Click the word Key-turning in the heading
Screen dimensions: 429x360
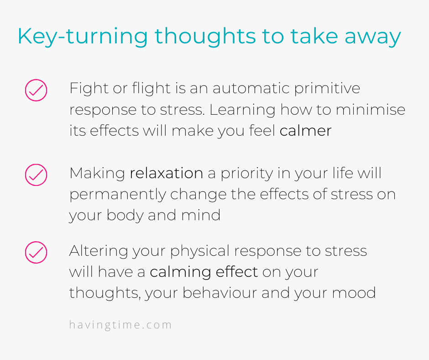click(x=83, y=37)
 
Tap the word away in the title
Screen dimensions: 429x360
click(x=373, y=37)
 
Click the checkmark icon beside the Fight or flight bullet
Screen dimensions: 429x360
click(x=36, y=90)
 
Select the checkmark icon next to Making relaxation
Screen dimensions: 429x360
click(x=36, y=175)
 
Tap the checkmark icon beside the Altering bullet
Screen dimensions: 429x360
click(x=36, y=252)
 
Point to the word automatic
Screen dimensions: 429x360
click(x=251, y=88)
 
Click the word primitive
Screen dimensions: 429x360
click(x=327, y=89)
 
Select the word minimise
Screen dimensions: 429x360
click(x=371, y=110)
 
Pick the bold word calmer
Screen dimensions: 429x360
click(x=306, y=130)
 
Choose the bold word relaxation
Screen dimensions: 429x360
click(x=166, y=173)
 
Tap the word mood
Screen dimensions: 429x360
click(x=354, y=292)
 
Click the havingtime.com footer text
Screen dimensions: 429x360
click(x=120, y=325)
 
